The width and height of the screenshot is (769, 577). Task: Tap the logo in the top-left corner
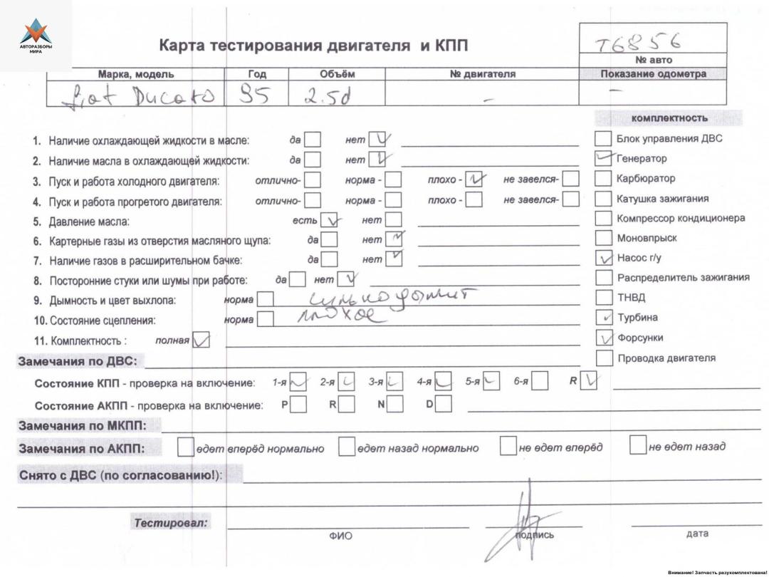tap(36, 36)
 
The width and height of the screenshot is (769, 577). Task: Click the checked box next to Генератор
tap(603, 158)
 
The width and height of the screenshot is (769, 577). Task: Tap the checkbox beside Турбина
tap(604, 318)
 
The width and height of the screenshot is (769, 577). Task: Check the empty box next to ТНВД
tap(604, 298)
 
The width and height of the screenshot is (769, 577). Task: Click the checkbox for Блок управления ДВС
tap(604, 139)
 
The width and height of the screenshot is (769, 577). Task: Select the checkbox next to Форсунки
tap(604, 338)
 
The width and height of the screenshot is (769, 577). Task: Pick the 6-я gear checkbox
tap(539, 383)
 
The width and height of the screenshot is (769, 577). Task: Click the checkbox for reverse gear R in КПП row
tap(589, 383)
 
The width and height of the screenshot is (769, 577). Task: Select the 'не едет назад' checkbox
tap(638, 447)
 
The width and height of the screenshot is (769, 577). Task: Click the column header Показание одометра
tap(653, 74)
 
